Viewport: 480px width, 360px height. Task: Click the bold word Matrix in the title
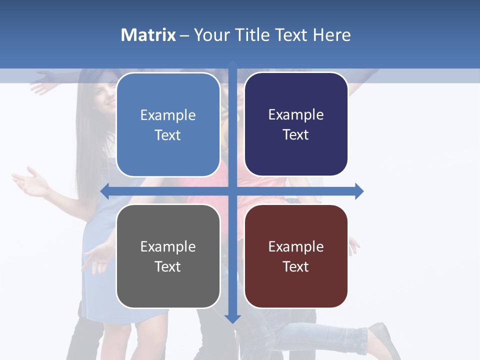148,35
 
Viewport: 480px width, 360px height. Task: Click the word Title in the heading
253,35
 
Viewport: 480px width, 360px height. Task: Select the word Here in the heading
331,35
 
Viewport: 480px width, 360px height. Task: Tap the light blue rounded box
168,125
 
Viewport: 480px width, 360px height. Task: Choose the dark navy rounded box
296,124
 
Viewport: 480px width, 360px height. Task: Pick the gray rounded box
168,256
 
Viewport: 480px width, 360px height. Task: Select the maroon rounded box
296,256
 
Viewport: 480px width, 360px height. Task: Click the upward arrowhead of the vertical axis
232,63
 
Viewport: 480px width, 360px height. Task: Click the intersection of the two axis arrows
232,191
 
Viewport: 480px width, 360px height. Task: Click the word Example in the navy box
296,114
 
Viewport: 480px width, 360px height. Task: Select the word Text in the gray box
167,266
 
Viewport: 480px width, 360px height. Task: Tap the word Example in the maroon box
296,246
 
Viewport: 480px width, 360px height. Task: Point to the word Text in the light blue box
167,135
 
